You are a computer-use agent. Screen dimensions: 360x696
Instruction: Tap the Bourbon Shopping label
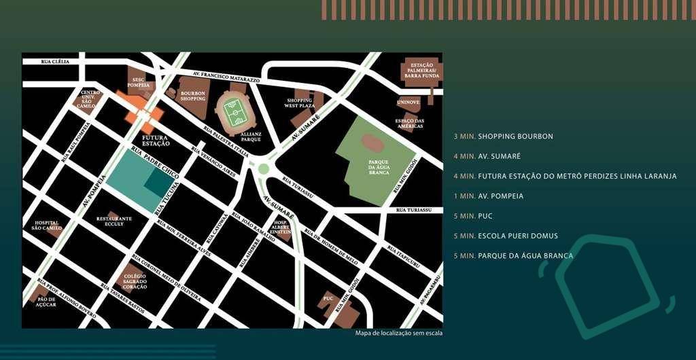pos(193,96)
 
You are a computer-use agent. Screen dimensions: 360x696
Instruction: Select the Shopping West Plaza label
pos(300,103)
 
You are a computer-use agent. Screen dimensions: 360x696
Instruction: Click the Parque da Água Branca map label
pos(379,167)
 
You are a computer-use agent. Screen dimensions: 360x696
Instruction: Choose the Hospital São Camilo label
pos(46,226)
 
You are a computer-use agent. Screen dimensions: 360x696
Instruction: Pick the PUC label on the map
pos(328,298)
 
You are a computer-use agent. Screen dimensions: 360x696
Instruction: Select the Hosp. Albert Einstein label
pos(281,227)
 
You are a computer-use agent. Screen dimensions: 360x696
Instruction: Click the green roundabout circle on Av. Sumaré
pos(263,168)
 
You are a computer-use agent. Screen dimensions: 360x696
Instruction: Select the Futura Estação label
pos(155,140)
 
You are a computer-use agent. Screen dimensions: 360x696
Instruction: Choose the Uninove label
pos(408,102)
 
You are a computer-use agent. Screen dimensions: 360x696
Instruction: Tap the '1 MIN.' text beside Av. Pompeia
pos(465,196)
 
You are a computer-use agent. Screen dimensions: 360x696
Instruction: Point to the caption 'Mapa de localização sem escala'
pos(398,333)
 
